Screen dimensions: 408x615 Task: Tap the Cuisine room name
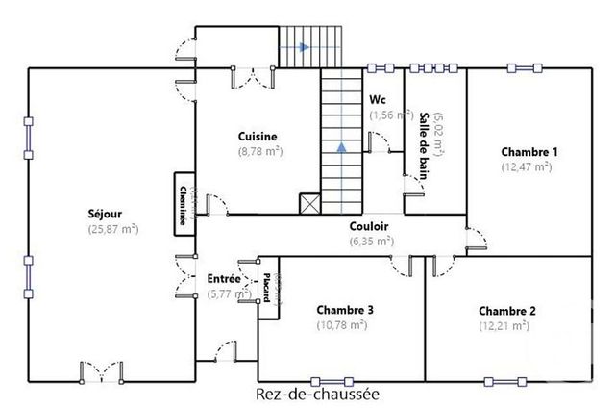259,137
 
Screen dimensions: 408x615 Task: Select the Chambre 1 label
529,152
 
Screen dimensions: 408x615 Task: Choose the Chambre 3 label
344,310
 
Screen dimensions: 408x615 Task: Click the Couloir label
370,227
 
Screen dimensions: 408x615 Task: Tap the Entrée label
224,279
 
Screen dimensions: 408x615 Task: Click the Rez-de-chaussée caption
317,394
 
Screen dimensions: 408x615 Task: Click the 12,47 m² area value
527,166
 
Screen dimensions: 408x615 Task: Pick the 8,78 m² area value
259,151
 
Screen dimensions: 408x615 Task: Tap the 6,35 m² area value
370,242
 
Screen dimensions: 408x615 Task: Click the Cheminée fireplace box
181,203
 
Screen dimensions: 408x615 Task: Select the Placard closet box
267,285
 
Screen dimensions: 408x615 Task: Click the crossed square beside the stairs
309,204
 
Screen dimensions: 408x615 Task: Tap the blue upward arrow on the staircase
341,147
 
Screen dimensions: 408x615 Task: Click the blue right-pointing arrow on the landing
304,46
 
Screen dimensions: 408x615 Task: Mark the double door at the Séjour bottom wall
100,371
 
